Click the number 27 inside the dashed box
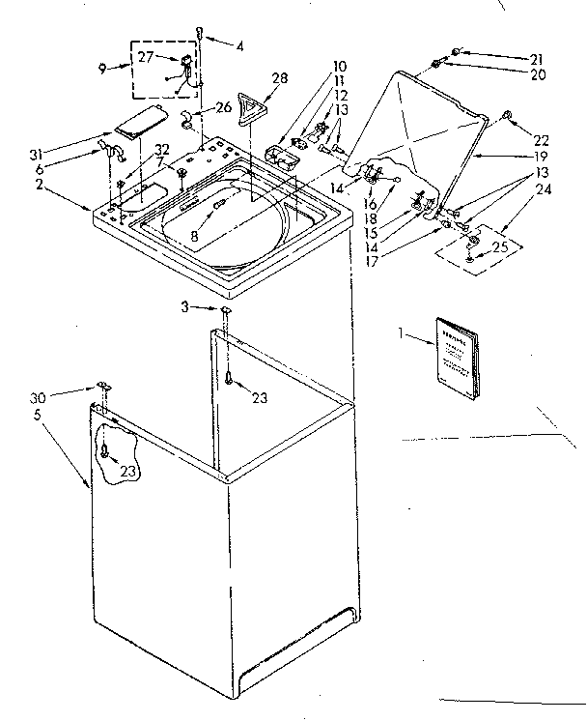146,57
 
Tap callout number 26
223,106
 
